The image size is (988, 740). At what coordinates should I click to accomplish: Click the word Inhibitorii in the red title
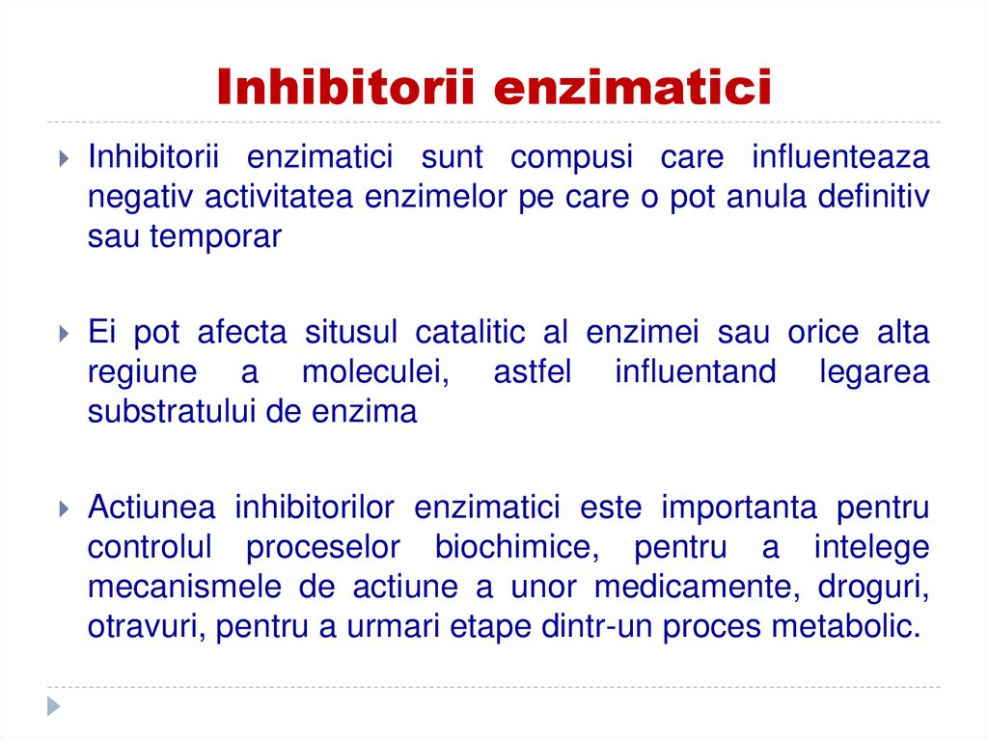pyautogui.click(x=346, y=87)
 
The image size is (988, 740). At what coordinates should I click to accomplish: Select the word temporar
pyautogui.click(x=215, y=236)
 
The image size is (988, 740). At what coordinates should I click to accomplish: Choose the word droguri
pyautogui.click(x=874, y=587)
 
